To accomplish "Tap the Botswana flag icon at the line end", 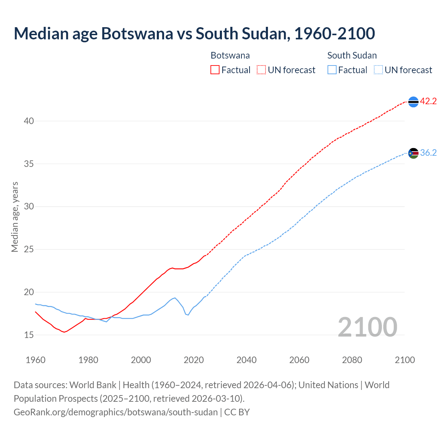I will click(413, 102).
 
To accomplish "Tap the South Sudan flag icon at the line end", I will click(413, 153).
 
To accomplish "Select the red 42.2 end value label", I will click(428, 101).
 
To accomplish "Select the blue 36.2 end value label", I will click(428, 153).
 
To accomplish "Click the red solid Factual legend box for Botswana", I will click(215, 70).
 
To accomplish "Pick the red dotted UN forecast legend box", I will click(261, 70).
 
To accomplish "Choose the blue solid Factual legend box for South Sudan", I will click(332, 70).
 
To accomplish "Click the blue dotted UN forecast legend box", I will click(378, 70).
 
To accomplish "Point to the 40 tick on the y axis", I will click(29, 121).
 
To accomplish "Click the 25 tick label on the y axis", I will click(29, 249).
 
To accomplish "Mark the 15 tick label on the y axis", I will click(29, 335).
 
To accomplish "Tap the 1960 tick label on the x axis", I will click(36, 360).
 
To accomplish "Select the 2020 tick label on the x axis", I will click(194, 360).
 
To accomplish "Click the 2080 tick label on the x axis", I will click(352, 360).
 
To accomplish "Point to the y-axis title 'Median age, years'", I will click(15, 217).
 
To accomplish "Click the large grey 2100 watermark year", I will click(367, 327).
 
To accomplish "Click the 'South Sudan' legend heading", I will click(352, 55).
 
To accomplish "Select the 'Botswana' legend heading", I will click(230, 55).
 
